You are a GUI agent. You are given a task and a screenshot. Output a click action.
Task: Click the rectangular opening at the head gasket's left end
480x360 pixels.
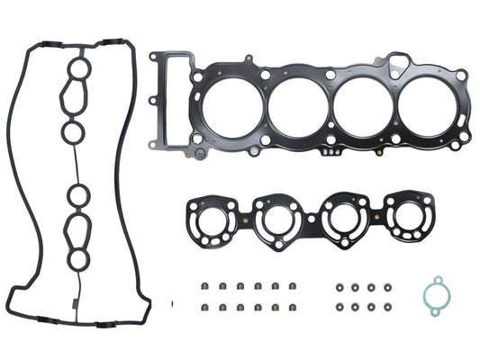(171, 97)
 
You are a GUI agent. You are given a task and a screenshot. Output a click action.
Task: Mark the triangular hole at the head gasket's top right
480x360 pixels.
(399, 61)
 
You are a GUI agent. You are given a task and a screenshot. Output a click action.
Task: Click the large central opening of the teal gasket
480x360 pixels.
(438, 295)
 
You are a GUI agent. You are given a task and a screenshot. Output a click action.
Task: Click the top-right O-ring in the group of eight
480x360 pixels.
(387, 288)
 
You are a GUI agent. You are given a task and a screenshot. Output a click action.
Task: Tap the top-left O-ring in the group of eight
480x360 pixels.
(339, 288)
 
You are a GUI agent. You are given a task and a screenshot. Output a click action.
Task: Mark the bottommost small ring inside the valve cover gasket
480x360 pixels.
(80, 260)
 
